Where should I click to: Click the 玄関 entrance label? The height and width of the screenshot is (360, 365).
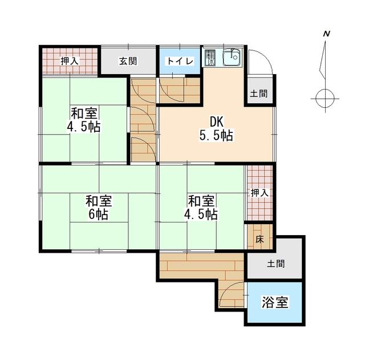coord(128,61)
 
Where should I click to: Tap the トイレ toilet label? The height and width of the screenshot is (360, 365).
coord(180,61)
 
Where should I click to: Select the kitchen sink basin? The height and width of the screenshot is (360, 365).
coord(232,57)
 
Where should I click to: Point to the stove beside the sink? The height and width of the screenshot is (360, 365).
coord(210,58)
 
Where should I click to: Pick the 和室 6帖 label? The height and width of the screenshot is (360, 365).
coord(99,208)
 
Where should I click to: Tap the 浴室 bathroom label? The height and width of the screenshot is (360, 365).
coord(275,302)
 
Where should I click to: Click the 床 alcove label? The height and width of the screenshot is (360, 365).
coord(259,239)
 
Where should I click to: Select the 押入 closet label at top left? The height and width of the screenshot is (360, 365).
coord(70,61)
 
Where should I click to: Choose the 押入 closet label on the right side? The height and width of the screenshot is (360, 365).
coord(260,193)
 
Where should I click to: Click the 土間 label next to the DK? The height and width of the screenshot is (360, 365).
coord(258,94)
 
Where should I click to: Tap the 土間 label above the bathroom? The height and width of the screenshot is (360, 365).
coord(276,264)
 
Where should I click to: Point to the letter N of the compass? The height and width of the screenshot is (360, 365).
coord(327,34)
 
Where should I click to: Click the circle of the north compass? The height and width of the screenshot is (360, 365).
coord(325,99)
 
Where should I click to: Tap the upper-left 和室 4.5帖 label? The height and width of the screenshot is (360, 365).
coord(84,119)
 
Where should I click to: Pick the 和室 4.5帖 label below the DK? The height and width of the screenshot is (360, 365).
coord(201,208)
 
